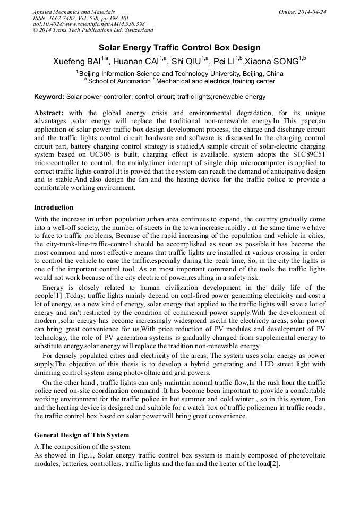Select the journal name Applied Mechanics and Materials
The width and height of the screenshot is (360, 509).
point(74,11)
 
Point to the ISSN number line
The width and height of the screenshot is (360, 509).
point(81,18)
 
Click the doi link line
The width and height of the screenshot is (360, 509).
point(89,24)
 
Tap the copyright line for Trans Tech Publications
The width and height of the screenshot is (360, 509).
point(93,30)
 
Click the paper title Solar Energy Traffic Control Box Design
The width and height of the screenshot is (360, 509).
point(179,48)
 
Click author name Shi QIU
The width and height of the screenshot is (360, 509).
point(188,62)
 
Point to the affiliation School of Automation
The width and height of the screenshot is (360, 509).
point(119,81)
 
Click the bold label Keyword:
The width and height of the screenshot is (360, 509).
point(49,97)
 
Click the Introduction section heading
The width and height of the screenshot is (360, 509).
point(54,207)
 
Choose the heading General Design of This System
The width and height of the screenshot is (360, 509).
point(81,435)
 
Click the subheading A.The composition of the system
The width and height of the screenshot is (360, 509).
point(82,446)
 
